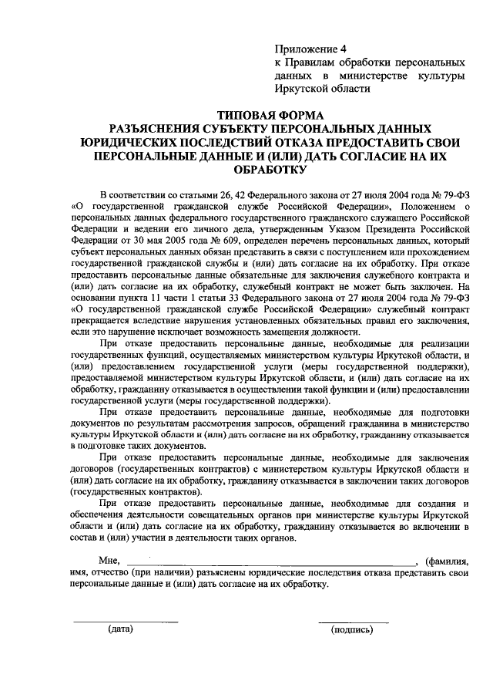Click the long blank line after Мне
(x=270, y=565)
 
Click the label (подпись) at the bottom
(x=352, y=630)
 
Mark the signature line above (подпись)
(x=343, y=622)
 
